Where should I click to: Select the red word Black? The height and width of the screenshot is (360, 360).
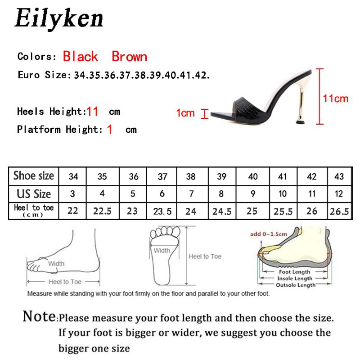click(x=80, y=57)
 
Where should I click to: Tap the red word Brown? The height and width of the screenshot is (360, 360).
click(x=129, y=57)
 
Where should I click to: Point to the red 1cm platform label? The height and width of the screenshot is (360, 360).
click(x=185, y=113)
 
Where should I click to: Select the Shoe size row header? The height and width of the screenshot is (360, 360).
click(x=34, y=176)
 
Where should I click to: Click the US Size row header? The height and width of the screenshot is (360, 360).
click(x=34, y=194)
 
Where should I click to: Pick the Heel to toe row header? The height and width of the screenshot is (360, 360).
click(x=34, y=210)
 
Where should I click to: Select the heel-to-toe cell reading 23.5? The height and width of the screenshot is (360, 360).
click(x=162, y=211)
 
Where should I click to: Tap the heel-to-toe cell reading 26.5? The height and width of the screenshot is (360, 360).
click(x=339, y=211)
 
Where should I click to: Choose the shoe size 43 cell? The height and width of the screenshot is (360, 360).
click(x=339, y=176)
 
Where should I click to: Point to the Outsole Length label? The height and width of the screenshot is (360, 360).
click(x=295, y=285)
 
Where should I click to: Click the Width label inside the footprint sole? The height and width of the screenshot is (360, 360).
click(x=162, y=251)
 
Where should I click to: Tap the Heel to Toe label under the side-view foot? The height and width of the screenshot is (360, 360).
click(x=65, y=282)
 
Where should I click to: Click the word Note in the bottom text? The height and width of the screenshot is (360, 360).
click(x=40, y=316)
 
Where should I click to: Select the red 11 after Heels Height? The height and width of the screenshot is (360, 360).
click(x=92, y=111)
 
